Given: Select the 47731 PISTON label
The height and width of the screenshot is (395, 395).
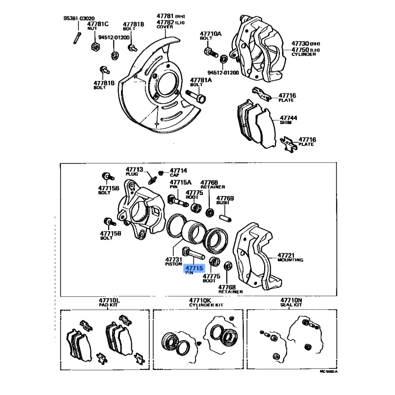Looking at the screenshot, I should coord(174,262).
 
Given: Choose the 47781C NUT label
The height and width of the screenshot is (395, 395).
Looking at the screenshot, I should coord(97,26).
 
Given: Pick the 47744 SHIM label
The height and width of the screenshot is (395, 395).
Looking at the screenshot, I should coord(289,120).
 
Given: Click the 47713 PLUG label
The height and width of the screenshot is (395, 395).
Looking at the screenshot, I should coord(134,171).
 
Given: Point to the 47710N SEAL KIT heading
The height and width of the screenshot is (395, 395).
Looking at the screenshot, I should coord(291,302).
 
